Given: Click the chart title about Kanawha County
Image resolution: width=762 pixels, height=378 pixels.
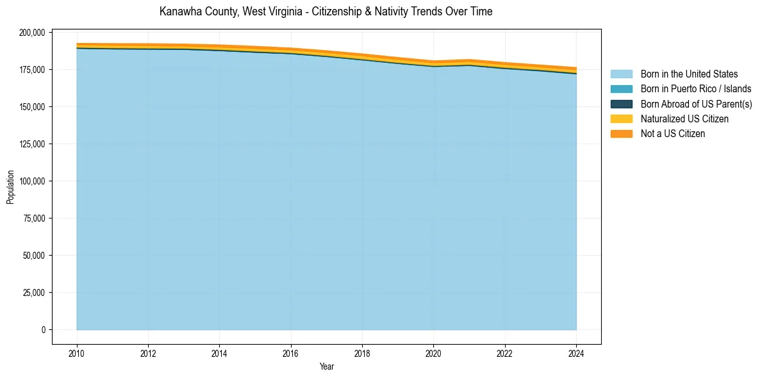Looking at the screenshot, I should [326, 12].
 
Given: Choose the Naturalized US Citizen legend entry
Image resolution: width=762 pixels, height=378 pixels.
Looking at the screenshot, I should [684, 119].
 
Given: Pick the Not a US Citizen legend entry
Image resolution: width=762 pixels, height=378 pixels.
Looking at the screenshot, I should [672, 134].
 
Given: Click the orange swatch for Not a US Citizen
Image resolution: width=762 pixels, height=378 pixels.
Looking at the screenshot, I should [621, 134].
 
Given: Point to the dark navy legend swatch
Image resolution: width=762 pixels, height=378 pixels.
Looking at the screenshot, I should [621, 104].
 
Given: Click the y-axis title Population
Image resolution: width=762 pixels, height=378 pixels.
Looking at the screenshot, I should [10, 187].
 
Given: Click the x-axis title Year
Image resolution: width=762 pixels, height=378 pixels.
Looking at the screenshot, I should [326, 367].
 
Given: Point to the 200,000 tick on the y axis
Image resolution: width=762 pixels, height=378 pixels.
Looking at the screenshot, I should [32, 33].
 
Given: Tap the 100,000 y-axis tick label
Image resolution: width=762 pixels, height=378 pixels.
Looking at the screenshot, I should [32, 181].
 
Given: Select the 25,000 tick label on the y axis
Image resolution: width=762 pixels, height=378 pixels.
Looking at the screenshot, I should [34, 293].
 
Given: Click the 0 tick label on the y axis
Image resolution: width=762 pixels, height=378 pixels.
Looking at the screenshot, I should [44, 330].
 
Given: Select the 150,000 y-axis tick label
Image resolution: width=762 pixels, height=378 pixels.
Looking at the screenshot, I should [32, 107].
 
